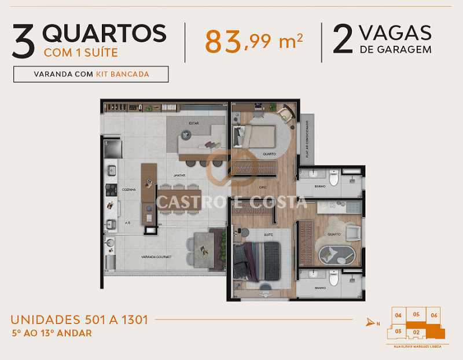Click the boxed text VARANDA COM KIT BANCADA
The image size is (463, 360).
coord(91,75)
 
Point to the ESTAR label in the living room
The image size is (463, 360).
coord(193,123)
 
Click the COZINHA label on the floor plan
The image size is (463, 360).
coord(128,189)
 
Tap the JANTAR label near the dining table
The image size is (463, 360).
coord(179,174)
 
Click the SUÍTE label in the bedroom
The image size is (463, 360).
coord(252,234)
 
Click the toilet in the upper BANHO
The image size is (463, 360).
coord(333,179)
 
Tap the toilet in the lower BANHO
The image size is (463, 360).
coord(333,280)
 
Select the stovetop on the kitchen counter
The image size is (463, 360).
coord(111,189)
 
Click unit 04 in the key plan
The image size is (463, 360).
coord(398,315)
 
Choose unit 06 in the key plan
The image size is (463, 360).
coord(435,315)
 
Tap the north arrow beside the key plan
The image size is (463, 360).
coord(371,322)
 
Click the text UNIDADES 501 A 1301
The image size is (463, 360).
coord(79,319)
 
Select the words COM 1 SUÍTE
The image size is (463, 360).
coord(80,53)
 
